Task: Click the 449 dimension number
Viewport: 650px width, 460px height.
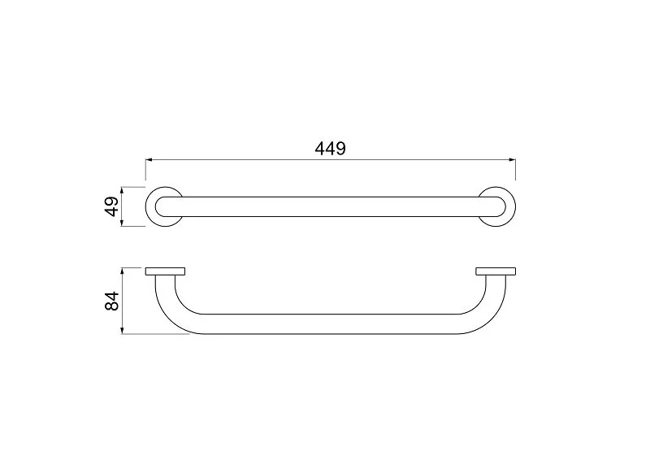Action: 330,148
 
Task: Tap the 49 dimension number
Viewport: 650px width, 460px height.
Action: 112,206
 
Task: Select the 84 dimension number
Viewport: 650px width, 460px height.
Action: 112,301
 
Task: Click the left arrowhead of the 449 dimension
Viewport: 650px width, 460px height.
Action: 149,159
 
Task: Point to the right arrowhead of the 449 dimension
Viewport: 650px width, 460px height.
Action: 512,159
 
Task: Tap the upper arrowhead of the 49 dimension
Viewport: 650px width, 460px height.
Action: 122,190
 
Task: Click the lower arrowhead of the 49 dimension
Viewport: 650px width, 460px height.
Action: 122,223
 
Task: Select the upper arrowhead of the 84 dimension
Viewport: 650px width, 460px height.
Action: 122,271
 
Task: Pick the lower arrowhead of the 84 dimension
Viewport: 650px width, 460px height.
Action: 122,330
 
